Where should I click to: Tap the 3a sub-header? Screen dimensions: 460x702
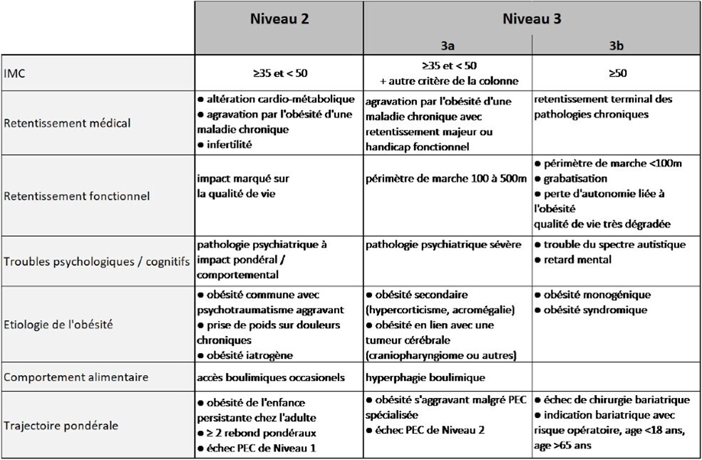click(448, 45)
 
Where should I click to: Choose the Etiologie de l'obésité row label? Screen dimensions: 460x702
click(59, 324)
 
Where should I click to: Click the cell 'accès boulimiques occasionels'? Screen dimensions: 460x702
click(271, 376)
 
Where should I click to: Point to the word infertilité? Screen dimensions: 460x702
click(232, 144)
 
